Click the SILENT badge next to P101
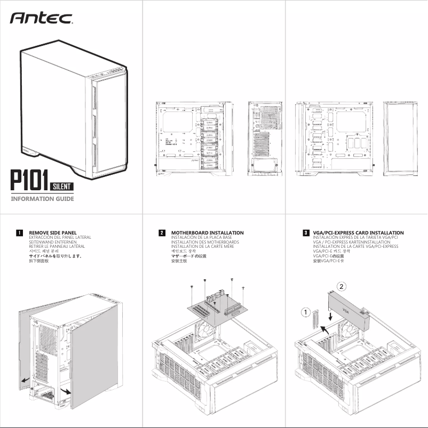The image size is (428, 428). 62,186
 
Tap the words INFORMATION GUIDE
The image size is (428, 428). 42,199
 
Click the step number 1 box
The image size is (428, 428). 19,233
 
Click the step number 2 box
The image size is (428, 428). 162,233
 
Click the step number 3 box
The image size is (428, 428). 305,233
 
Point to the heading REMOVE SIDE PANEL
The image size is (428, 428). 52,233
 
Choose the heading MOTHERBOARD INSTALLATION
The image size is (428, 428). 207,233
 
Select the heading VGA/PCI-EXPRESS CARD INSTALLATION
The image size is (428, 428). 358,233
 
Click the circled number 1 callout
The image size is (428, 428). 305,311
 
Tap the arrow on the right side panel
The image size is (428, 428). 65,392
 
